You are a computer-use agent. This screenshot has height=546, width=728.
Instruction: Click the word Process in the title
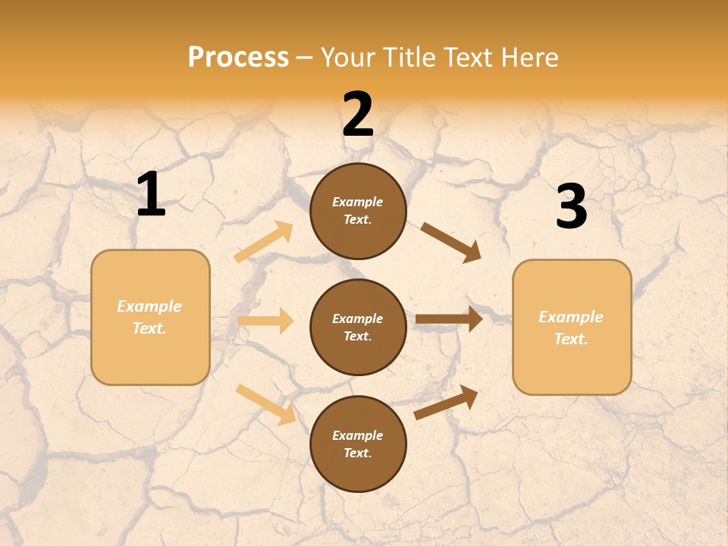click(x=238, y=58)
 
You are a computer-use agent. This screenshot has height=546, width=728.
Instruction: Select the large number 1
click(x=151, y=195)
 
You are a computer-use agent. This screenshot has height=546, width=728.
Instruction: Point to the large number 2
click(x=358, y=115)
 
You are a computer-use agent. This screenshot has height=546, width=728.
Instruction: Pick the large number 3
click(x=571, y=206)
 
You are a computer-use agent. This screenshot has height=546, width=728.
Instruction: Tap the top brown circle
click(x=358, y=211)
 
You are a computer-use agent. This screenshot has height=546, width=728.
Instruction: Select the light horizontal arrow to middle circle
click(x=265, y=321)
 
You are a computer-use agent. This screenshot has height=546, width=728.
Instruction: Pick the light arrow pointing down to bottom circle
click(x=266, y=404)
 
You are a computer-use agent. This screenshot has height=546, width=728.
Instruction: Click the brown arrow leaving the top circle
click(x=450, y=243)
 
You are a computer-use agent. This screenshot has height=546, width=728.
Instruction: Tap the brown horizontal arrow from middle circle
click(x=449, y=319)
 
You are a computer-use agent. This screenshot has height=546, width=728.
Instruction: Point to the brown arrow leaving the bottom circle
click(x=446, y=402)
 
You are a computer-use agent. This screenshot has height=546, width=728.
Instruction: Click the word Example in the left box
click(x=149, y=306)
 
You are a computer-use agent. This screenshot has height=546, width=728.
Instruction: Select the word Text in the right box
click(x=570, y=339)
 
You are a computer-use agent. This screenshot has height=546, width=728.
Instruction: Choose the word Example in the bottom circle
click(x=358, y=435)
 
